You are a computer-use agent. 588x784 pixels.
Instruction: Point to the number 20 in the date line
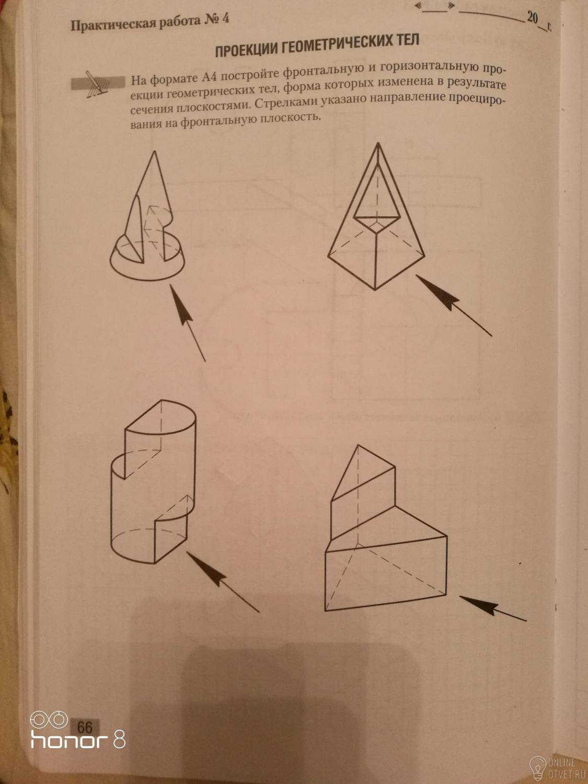coord(532,17)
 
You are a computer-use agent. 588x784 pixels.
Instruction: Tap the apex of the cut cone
coord(154,152)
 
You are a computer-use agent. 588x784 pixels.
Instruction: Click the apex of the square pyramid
coord(378,143)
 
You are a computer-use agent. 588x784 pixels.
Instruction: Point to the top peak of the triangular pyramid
coord(358,445)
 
